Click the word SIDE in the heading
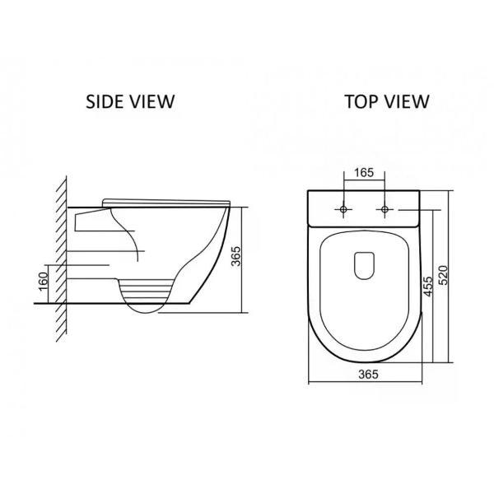point(103,101)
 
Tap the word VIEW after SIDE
point(150,101)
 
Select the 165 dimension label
point(364,173)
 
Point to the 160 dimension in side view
point(44,282)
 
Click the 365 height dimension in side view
point(236,256)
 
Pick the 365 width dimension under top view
point(368,374)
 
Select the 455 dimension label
point(428,287)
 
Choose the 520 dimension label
point(443,275)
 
